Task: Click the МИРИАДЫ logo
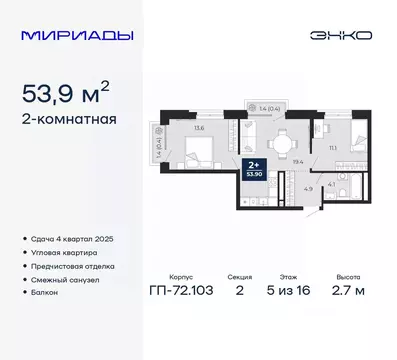(x=69, y=35)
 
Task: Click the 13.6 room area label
(x=199, y=128)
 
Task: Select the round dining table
(x=286, y=139)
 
